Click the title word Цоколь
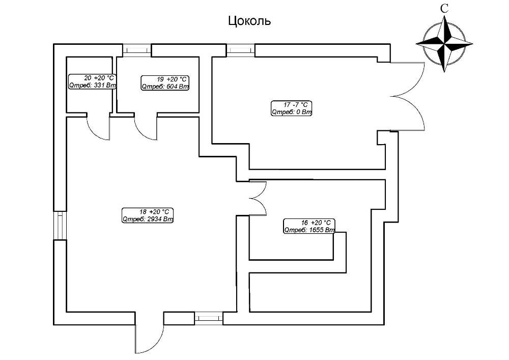249,21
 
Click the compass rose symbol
444,44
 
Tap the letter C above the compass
444,9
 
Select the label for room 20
92,82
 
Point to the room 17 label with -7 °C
292,108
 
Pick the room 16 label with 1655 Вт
309,226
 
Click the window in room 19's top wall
137,50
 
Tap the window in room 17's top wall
241,50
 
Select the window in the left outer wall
60,226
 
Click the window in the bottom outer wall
209,318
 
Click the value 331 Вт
105,86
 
